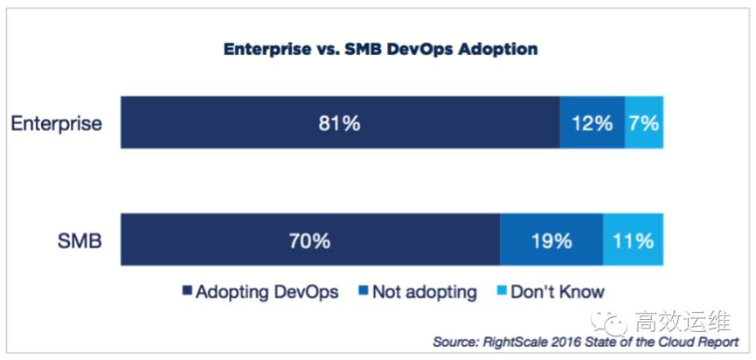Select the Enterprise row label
[57, 123]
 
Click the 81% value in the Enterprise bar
[339, 123]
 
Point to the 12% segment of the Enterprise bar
[592, 123]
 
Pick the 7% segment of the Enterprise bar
[643, 123]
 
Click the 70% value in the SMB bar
[309, 240]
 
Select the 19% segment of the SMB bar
[551, 240]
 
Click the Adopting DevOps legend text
[268, 292]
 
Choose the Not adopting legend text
[425, 292]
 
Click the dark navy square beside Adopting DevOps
[185, 293]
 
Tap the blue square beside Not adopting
[362, 293]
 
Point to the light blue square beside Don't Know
[503, 293]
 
